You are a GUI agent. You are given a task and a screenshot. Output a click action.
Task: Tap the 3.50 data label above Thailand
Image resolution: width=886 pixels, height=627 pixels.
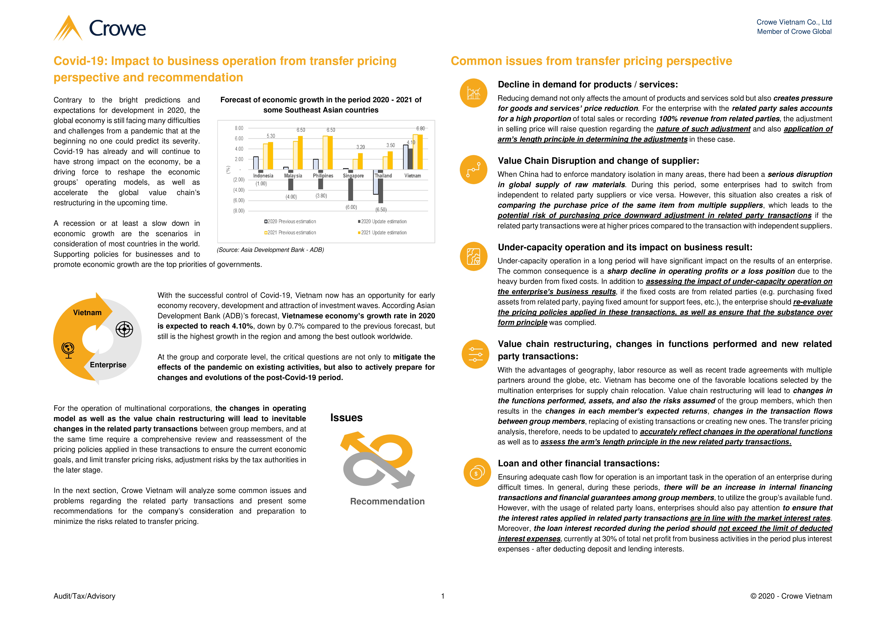pyautogui.click(x=391, y=145)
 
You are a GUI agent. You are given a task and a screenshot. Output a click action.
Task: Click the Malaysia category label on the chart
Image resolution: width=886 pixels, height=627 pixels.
pyautogui.click(x=293, y=176)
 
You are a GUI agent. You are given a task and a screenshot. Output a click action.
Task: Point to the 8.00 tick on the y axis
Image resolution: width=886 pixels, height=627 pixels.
pyautogui.click(x=239, y=128)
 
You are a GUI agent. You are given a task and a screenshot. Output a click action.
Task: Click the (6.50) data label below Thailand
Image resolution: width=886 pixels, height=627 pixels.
pyautogui.click(x=381, y=210)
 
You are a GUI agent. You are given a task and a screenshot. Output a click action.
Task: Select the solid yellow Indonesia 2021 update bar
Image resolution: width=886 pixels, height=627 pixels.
pyautogui.click(x=271, y=156)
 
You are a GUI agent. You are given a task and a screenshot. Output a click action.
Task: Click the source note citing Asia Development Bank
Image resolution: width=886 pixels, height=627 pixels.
pyautogui.click(x=270, y=250)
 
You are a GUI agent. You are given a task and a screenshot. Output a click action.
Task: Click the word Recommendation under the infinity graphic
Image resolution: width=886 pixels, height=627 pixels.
pyautogui.click(x=387, y=501)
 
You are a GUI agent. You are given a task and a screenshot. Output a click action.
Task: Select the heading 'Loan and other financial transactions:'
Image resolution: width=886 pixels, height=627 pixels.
pyautogui.click(x=578, y=463)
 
